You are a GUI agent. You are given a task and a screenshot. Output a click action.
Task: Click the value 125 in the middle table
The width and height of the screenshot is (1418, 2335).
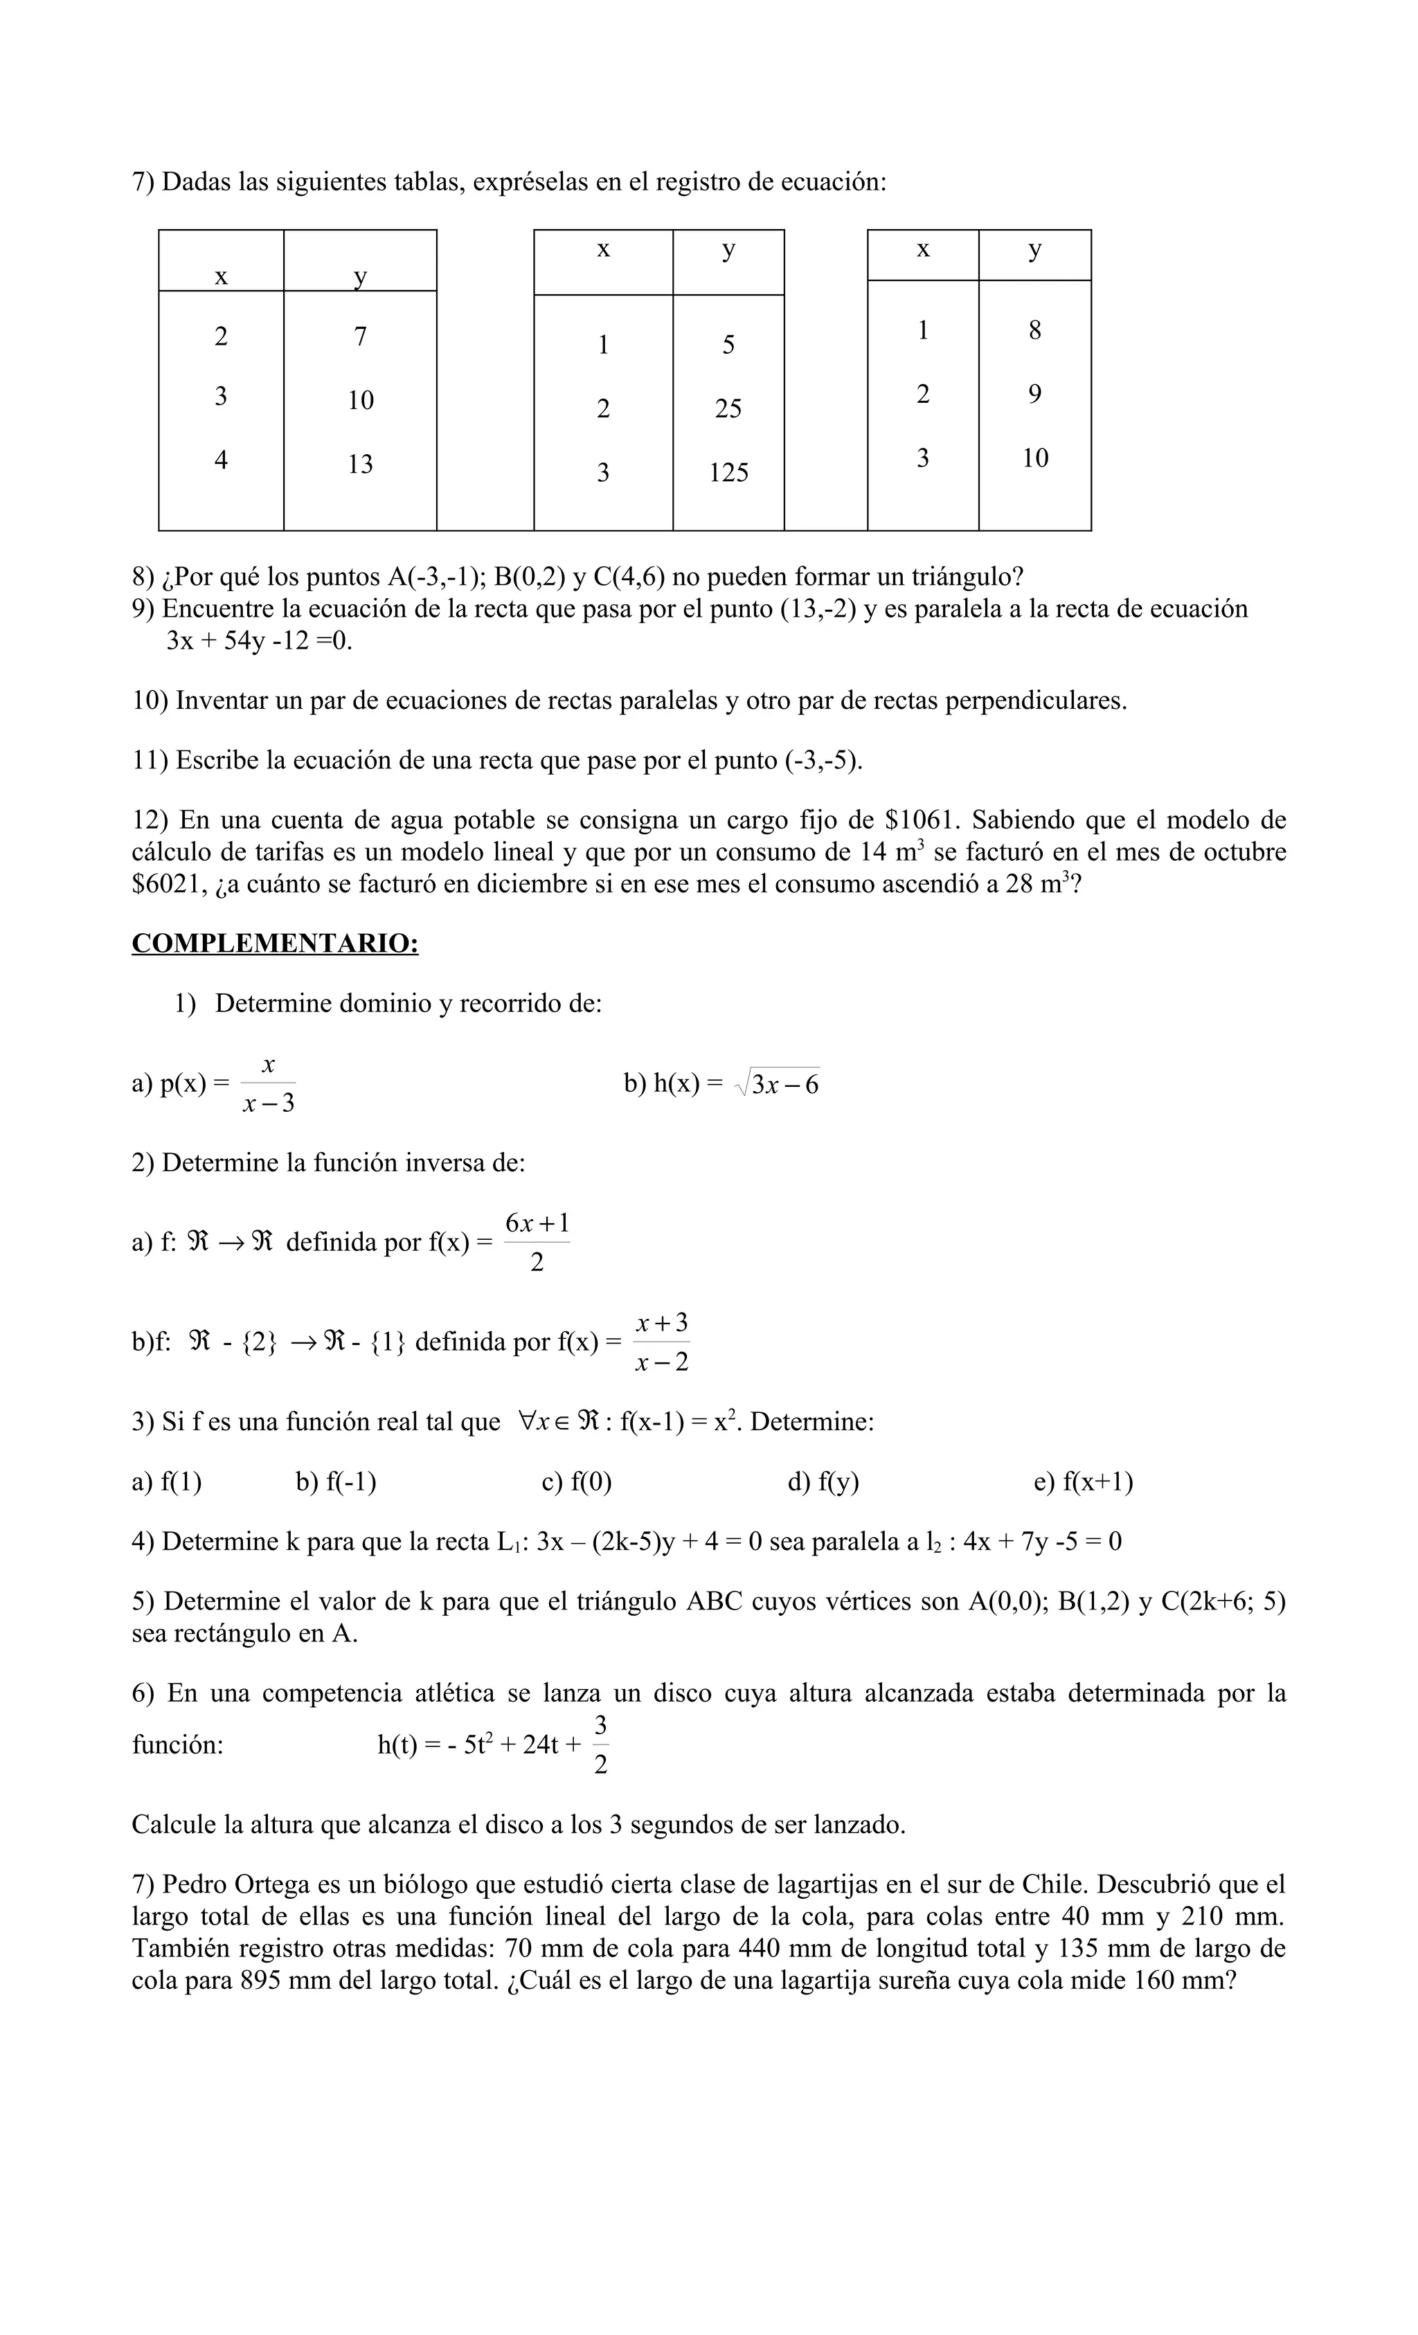click(728, 472)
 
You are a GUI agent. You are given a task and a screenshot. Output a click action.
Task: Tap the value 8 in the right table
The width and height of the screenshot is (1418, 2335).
click(1034, 330)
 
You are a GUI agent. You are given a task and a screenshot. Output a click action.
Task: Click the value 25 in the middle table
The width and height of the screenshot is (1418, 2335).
click(728, 408)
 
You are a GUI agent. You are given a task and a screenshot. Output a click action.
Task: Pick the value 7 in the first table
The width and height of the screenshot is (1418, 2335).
click(360, 336)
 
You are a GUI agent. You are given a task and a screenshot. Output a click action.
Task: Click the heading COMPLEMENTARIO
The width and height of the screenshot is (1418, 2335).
click(275, 944)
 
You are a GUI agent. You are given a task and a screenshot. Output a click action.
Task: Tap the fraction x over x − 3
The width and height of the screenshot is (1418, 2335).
click(268, 1084)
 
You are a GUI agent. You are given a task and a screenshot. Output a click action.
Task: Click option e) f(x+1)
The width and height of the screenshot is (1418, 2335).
click(1082, 1481)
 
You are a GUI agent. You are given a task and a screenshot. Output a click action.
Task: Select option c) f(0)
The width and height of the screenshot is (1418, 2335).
click(576, 1481)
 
